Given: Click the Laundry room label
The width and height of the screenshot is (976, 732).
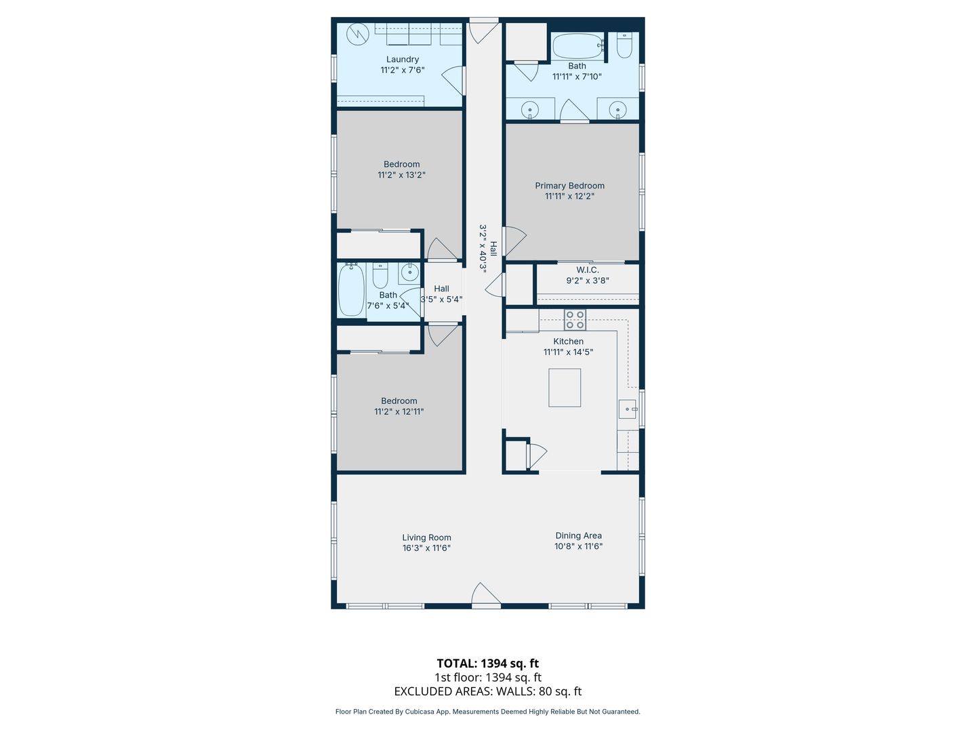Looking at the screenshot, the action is point(403,59).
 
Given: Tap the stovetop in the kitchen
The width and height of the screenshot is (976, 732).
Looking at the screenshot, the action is point(575,320).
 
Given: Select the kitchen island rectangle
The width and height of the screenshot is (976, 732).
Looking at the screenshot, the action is point(565,388).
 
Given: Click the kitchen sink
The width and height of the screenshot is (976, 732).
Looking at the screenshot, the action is point(628,409).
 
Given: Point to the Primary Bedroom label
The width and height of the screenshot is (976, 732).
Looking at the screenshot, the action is point(569,186).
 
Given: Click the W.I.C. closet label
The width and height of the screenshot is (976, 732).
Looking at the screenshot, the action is point(588,270).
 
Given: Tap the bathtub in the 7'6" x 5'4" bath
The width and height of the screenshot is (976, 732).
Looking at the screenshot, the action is point(351,289).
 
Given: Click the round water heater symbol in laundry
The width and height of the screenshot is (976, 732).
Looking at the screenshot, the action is point(358,34).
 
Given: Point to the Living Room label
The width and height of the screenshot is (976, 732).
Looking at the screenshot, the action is point(426,537).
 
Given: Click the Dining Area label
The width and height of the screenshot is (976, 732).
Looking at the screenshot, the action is point(578,535).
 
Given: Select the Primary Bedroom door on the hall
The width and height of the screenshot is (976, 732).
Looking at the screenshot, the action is point(514,241).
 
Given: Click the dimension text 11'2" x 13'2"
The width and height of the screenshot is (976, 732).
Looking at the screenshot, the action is point(401,175).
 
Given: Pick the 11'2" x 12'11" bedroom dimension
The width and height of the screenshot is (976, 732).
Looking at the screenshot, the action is point(399,411).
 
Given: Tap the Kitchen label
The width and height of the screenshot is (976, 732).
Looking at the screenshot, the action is point(568,342).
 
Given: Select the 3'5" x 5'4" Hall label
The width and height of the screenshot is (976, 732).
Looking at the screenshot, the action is point(441,294).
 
